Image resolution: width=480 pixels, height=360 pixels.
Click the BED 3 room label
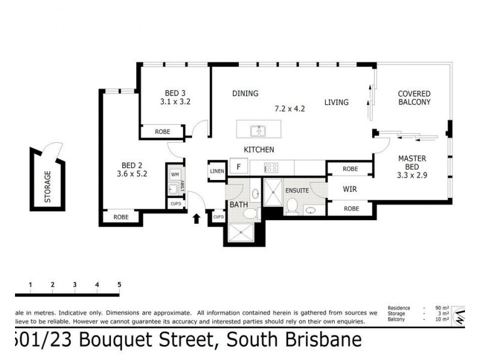point(175,93)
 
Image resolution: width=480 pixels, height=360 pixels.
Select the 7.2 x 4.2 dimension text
point(290,109)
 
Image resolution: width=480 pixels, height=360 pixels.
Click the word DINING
point(245,94)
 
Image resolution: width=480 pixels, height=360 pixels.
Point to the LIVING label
point(336,102)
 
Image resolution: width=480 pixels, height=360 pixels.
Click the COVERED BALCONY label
point(414,98)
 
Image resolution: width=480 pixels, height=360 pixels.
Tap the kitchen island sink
point(259,130)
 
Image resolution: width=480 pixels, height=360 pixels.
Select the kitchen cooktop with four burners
point(271,169)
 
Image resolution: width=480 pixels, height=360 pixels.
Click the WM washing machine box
point(175,175)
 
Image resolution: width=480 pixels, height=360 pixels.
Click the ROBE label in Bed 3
point(163,131)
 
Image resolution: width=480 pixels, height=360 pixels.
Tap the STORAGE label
point(47,186)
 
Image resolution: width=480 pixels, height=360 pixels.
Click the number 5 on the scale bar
point(119,284)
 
